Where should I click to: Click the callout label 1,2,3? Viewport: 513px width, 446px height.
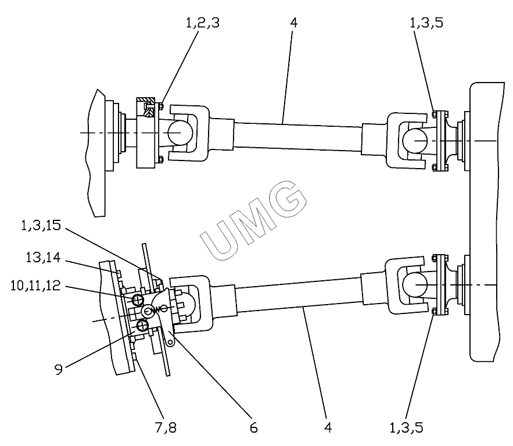[x=202, y=24]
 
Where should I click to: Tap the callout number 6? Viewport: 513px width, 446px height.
[x=254, y=427]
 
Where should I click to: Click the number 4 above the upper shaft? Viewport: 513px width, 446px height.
[x=293, y=24]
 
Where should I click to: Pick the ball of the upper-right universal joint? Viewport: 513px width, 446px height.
[x=415, y=140]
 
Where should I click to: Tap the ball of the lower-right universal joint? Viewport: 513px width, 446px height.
[x=415, y=286]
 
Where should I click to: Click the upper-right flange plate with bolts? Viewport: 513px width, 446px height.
[x=440, y=140]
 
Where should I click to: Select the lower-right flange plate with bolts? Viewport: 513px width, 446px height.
[x=440, y=285]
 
